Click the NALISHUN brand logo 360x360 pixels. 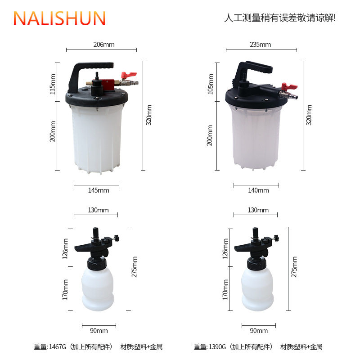tap(59, 18)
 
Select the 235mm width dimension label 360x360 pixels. tap(260, 45)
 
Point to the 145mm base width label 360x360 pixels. tap(97, 190)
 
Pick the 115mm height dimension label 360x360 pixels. tap(53, 84)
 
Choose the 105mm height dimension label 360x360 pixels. tap(210, 84)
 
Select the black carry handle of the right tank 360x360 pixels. tap(254, 67)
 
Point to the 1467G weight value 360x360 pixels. tap(58, 347)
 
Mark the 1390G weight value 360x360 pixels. tap(218, 347)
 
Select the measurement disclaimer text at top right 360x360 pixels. tap(280, 18)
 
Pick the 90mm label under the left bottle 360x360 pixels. tap(99, 331)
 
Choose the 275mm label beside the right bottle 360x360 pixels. tap(294, 267)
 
